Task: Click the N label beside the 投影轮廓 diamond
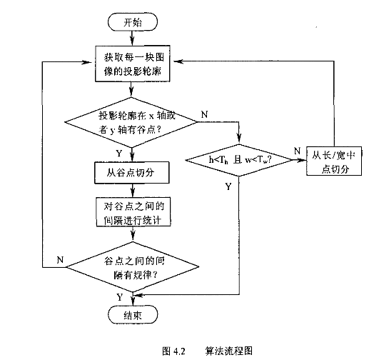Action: tap(204, 115)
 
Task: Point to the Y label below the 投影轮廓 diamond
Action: tap(119, 154)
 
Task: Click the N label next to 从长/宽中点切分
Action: tap(298, 151)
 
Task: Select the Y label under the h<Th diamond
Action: tap(228, 186)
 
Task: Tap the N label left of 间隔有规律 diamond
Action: tap(60, 260)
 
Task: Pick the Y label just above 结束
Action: tap(120, 297)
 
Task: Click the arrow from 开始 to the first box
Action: tap(132, 38)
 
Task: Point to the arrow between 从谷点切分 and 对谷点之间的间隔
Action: tap(133, 191)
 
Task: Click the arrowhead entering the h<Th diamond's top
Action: tap(239, 140)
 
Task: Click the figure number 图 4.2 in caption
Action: tap(174, 351)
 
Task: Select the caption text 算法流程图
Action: tap(228, 351)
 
